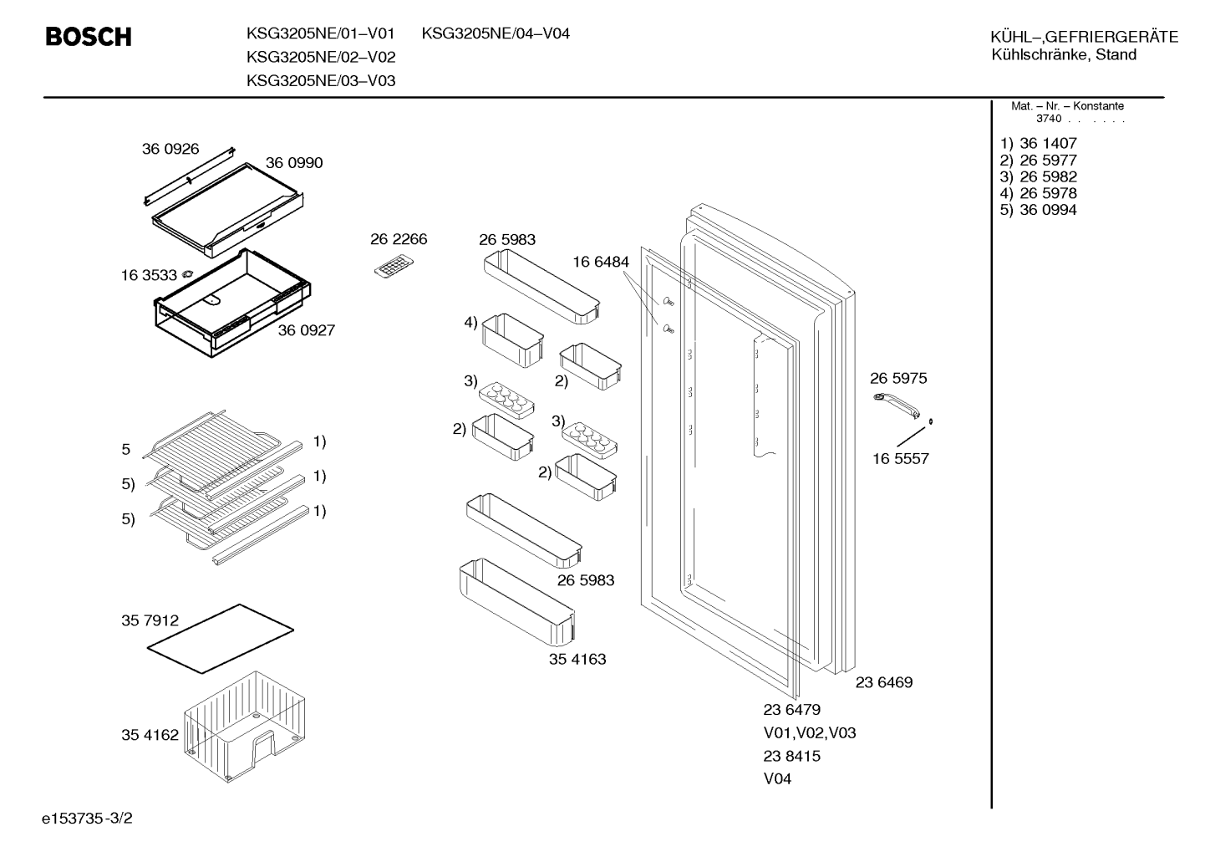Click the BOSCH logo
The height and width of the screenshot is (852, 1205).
[89, 37]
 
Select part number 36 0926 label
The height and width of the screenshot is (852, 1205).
[170, 149]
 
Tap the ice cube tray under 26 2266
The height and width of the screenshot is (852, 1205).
[394, 266]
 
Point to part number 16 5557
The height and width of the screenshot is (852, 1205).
[901, 458]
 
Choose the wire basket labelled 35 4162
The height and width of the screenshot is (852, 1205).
[245, 726]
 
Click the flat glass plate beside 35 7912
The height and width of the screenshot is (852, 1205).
[221, 638]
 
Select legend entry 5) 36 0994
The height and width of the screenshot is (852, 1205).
[1038, 210]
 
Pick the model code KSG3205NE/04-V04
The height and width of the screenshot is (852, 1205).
[496, 33]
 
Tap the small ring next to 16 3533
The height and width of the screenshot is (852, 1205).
[188, 274]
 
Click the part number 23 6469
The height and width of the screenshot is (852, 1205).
[884, 682]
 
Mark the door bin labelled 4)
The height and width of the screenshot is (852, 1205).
[512, 340]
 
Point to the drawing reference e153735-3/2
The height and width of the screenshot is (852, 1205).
[87, 819]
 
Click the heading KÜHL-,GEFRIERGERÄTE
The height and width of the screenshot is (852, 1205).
[1084, 37]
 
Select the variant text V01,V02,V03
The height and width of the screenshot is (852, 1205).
[809, 733]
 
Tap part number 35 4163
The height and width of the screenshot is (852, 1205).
[577, 660]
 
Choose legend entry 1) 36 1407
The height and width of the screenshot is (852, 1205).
[1038, 143]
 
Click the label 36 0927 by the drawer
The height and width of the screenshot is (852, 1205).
[306, 330]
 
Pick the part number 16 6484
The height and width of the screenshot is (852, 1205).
[600, 262]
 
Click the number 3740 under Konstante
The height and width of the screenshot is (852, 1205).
[1049, 119]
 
